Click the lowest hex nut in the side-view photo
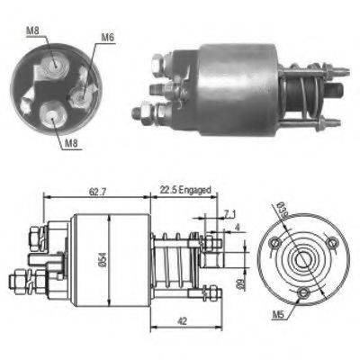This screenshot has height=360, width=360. tap(144, 113)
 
